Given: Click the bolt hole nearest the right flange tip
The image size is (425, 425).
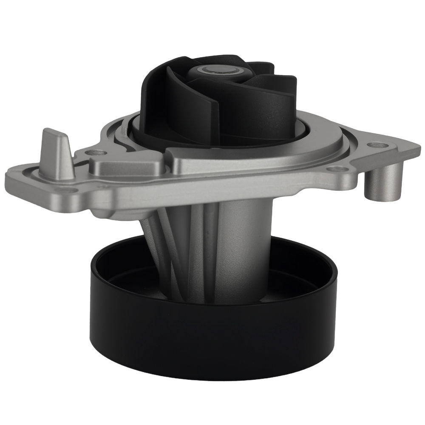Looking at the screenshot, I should pos(376,145).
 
